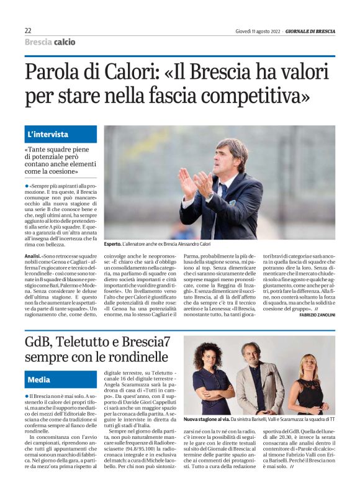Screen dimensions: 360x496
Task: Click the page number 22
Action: point(29,30)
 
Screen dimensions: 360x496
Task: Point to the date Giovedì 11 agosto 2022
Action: point(257,31)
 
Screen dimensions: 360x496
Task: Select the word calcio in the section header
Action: point(65,42)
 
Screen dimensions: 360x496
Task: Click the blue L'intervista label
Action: point(48,134)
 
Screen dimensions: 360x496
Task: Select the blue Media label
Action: point(39,379)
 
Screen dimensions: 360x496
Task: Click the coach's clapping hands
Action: point(196,184)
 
